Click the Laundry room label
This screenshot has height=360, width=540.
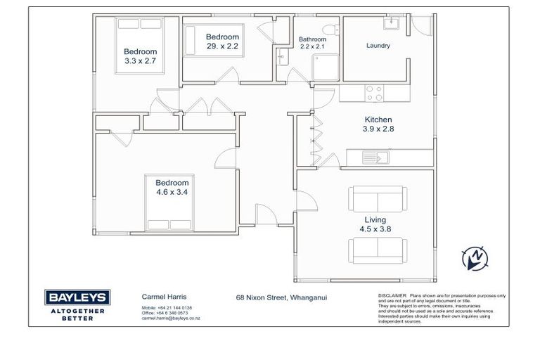pos(378,46)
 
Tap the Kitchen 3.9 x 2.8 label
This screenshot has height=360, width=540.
pos(378,124)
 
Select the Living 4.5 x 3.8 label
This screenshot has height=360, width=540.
pos(376,224)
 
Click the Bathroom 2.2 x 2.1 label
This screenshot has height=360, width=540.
pos(312,43)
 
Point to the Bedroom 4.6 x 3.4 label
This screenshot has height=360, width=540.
pos(172,186)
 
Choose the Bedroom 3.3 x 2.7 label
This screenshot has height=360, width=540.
pos(140,56)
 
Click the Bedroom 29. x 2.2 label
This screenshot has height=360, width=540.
pos(222,41)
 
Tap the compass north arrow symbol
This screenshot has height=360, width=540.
pos(475,257)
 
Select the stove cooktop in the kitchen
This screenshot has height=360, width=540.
pos(375,93)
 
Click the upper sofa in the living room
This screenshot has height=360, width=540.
pos(377,198)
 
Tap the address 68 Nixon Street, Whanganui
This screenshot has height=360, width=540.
pos(281,297)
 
